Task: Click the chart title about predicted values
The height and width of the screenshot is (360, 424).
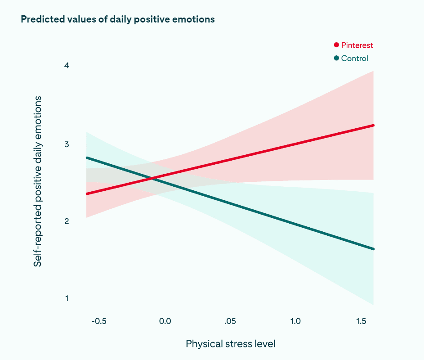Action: [x=117, y=19]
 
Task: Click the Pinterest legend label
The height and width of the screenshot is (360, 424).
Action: [x=357, y=45]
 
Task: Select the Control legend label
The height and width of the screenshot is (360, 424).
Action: [x=354, y=58]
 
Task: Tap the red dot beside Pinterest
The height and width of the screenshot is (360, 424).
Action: [x=336, y=45]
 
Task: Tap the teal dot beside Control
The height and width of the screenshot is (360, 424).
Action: [x=336, y=58]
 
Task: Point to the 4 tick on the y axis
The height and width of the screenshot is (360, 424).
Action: [x=67, y=66]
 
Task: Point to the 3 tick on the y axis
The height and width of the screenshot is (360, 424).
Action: [x=67, y=144]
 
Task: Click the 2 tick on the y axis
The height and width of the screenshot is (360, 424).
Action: [x=67, y=221]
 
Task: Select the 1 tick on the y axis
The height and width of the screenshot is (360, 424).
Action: [x=67, y=298]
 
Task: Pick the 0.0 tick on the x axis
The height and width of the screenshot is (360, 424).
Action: [x=165, y=321]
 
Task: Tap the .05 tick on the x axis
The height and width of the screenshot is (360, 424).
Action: [x=230, y=321]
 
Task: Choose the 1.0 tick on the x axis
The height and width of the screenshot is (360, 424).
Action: [x=295, y=321]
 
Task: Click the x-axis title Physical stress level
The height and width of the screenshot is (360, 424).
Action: [x=230, y=344]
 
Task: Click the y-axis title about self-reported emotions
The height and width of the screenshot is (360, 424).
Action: [x=38, y=181]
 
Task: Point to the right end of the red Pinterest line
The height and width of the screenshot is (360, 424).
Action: [x=374, y=125]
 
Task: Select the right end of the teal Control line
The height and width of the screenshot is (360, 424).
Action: [x=374, y=249]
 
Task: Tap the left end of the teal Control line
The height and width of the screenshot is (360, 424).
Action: [x=87, y=158]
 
